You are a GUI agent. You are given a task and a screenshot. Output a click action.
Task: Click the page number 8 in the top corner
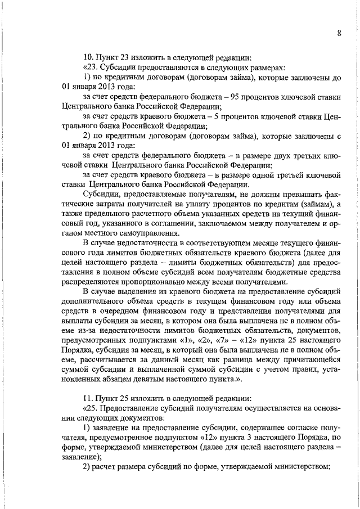[x=339, y=33]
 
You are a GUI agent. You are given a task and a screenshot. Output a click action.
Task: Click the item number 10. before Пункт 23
[x=88, y=57]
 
